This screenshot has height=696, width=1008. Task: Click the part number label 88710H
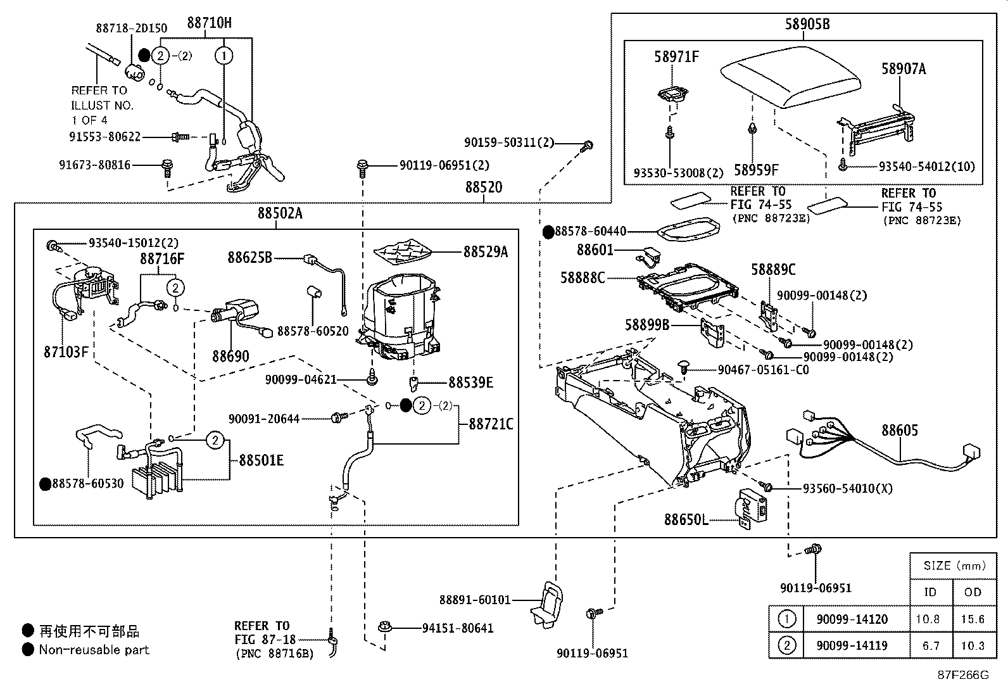point(209,23)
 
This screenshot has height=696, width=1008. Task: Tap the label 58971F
point(676,57)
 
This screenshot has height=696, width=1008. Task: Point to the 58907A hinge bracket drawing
point(877,127)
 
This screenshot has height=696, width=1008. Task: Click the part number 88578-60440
point(590,232)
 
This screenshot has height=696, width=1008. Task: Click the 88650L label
point(686,520)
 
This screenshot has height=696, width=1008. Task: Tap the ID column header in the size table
point(930,592)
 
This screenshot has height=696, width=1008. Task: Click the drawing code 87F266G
point(963,675)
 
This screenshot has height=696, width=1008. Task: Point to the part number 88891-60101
point(474,600)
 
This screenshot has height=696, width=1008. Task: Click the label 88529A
point(485,252)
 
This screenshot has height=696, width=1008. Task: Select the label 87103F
point(66,352)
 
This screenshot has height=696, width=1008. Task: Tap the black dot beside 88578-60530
point(45,484)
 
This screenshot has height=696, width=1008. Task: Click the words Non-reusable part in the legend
point(94,650)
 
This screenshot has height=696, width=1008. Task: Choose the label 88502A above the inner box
point(279,213)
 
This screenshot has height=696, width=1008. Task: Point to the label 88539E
point(470,383)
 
